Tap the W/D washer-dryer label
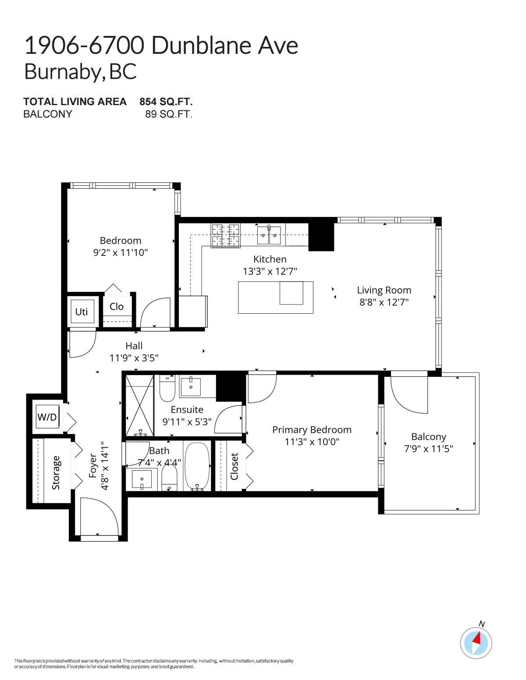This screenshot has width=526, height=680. coord(47,417)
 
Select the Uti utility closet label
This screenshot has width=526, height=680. coord(82,312)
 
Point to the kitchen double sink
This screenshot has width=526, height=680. coord(269,235)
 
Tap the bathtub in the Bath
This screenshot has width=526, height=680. coord(197,466)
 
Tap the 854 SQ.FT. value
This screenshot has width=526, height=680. coord(166,102)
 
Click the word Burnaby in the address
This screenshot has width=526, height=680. coord(63,72)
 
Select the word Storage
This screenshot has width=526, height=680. coord(56,472)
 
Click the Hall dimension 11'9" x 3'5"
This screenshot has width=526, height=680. coord(134,358)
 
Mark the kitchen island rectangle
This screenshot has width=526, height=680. coord(275,297)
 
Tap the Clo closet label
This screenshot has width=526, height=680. coord(117,306)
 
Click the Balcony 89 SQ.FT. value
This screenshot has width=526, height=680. coord(168,114)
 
